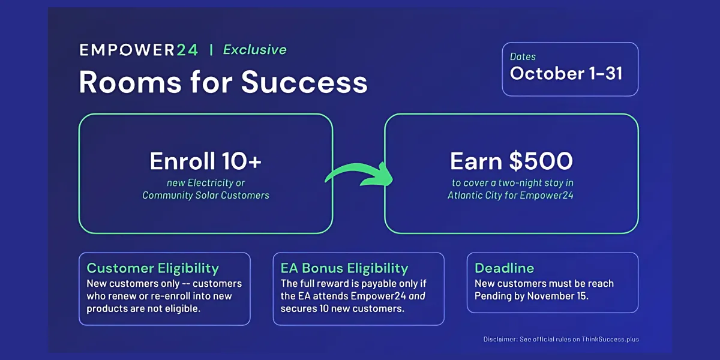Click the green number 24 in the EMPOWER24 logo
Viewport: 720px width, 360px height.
pos(187,50)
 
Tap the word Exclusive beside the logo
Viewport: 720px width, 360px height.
pos(254,50)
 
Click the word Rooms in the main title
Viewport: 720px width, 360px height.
pos(131,82)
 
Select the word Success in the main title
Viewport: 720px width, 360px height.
pos(304,82)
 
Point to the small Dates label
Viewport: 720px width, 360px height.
pos(523,57)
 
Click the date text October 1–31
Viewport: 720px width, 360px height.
pos(566,73)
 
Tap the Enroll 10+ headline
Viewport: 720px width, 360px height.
pos(205,161)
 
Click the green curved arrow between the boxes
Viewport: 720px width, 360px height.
pos(359,174)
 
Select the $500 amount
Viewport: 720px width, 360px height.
pos(541,161)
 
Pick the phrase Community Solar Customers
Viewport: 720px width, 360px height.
pos(206,196)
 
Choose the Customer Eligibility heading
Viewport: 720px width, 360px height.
pos(152,268)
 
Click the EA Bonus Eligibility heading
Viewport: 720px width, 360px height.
pos(344,268)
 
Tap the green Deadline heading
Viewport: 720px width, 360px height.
pos(505,268)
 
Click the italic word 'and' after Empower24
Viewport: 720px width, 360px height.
pos(417,296)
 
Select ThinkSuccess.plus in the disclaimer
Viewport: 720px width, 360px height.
pos(610,339)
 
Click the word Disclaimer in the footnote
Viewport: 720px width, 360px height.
pos(500,339)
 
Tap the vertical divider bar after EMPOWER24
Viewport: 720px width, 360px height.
pos(211,50)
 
